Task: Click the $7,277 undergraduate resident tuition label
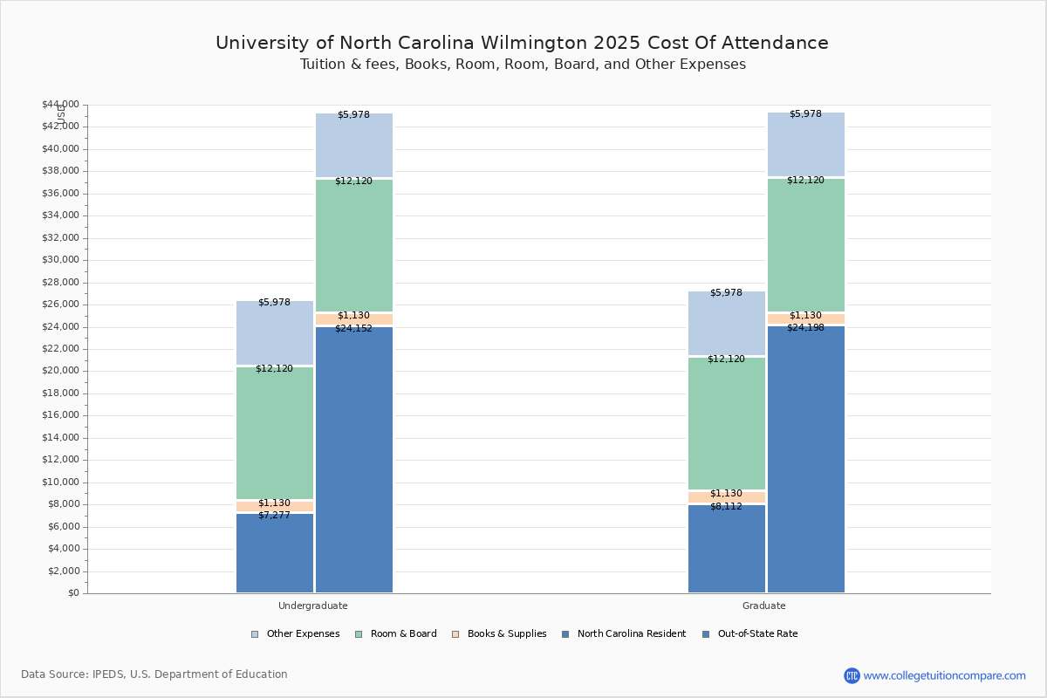[x=274, y=516]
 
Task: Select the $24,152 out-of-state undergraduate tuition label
[x=353, y=329]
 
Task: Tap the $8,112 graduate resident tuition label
[x=726, y=507]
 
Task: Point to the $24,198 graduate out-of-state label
[x=805, y=328]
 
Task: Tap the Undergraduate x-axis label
[x=313, y=606]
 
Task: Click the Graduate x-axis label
[x=764, y=606]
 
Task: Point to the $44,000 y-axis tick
[x=60, y=105]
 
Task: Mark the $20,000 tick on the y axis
[x=60, y=371]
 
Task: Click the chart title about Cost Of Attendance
[x=522, y=43]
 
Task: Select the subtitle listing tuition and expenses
[x=523, y=65]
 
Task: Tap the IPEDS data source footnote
[x=154, y=674]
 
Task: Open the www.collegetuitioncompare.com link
[x=944, y=675]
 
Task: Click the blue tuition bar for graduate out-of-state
[x=806, y=462]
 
